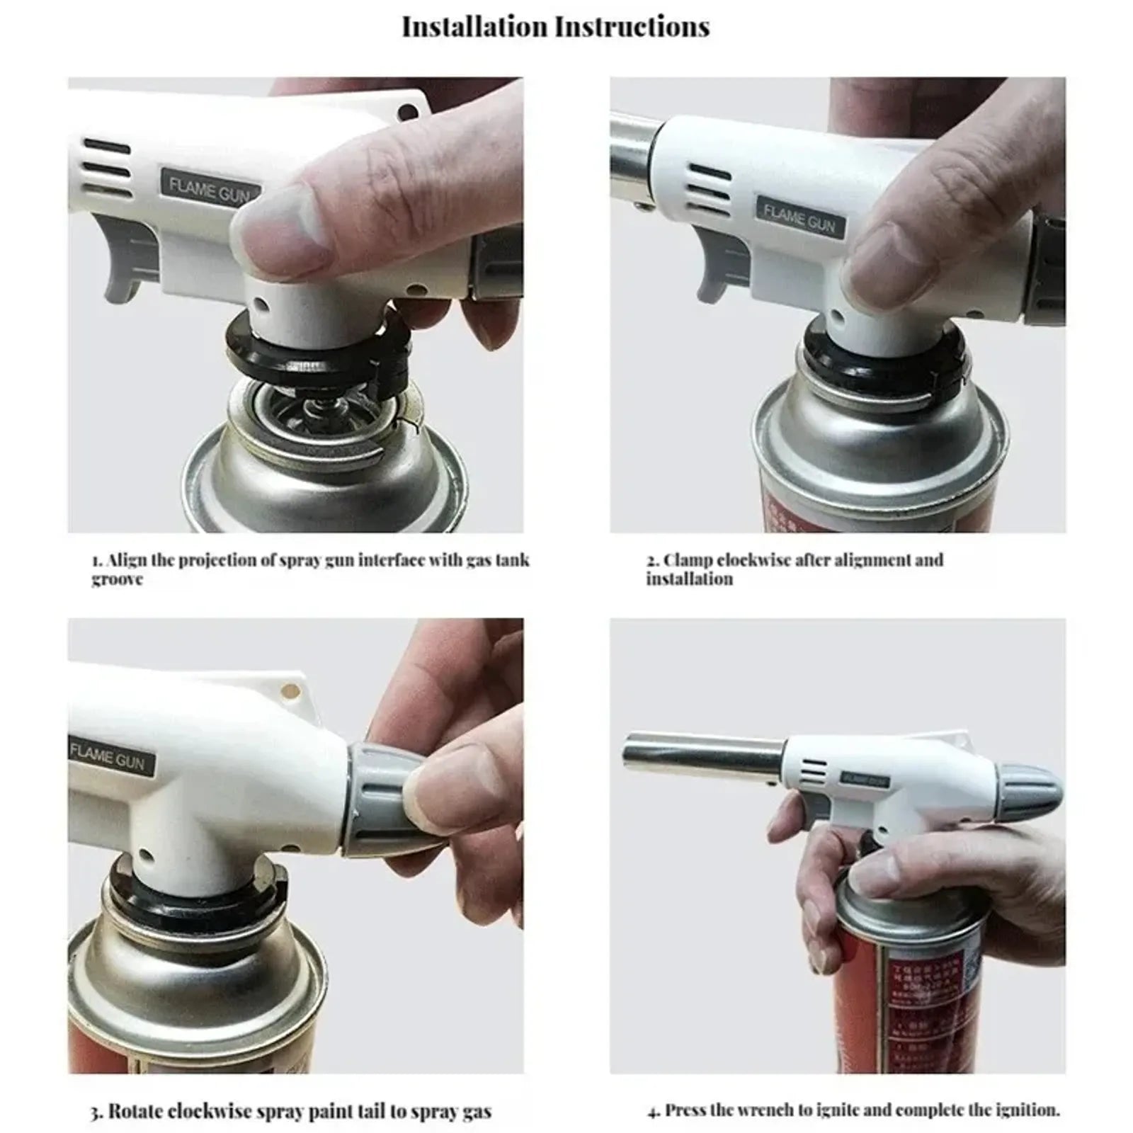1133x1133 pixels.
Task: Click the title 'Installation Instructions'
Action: coord(555,28)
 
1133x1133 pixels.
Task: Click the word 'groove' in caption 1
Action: coord(117,579)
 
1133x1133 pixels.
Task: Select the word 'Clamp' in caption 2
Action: coord(687,560)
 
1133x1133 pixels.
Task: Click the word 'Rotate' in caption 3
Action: coord(142,1111)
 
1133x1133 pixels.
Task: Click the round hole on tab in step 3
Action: coord(288,688)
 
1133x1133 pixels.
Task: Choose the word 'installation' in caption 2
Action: coord(689,579)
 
